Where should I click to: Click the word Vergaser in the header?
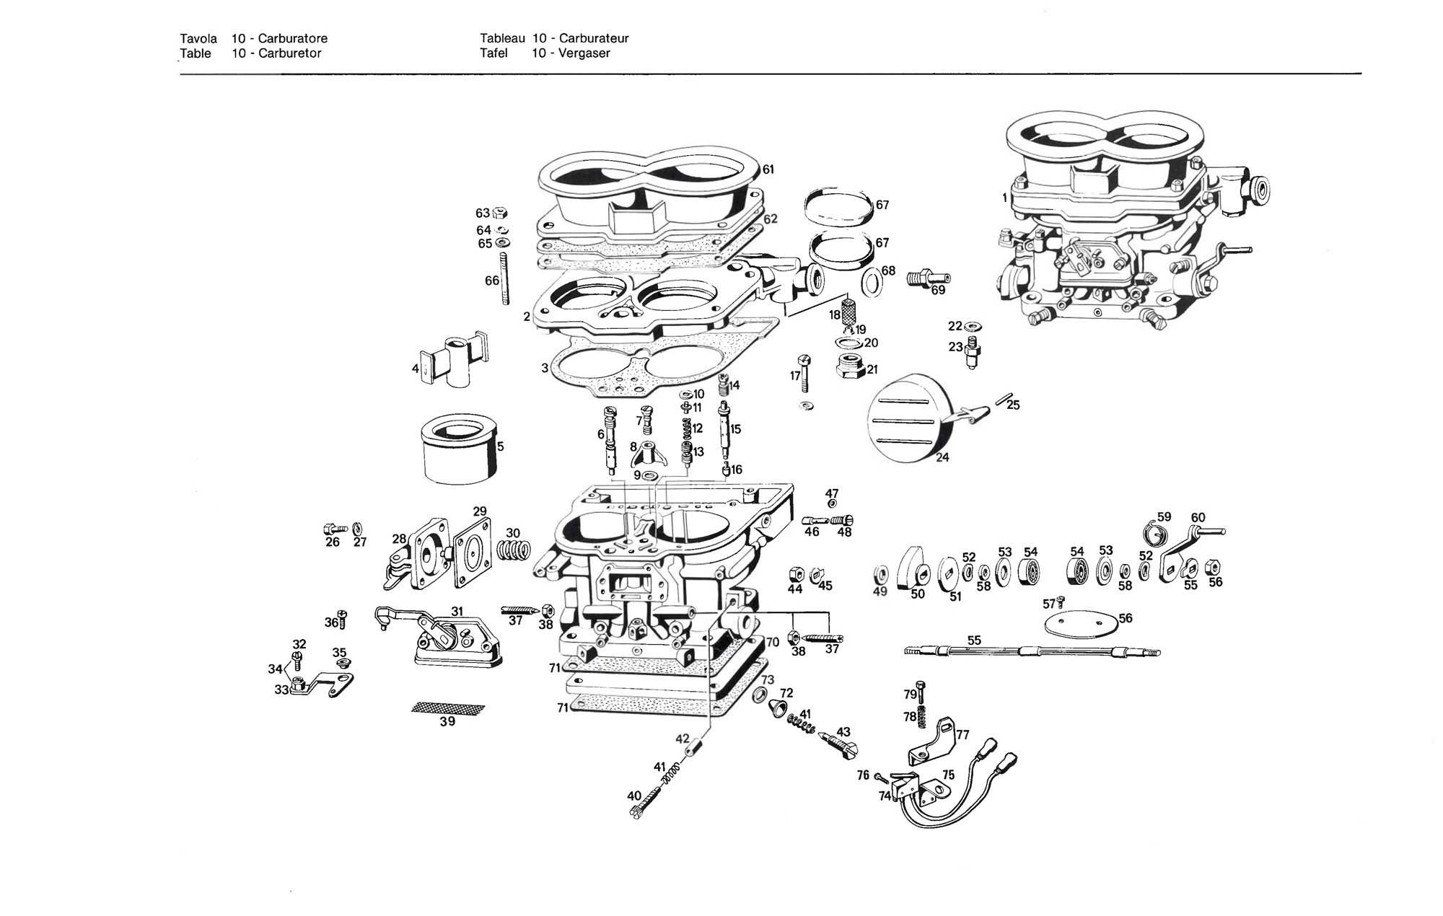tap(584, 53)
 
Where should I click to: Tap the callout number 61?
tap(768, 169)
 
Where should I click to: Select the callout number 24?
tap(942, 457)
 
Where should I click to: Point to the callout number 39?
tap(447, 721)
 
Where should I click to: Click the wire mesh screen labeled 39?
tap(447, 708)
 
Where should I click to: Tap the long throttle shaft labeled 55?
tap(1032, 652)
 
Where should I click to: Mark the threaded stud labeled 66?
tap(504, 278)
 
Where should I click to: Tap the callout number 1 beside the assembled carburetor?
tap(1005, 198)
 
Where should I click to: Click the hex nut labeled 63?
tap(501, 213)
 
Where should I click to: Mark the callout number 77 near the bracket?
tap(962, 735)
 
